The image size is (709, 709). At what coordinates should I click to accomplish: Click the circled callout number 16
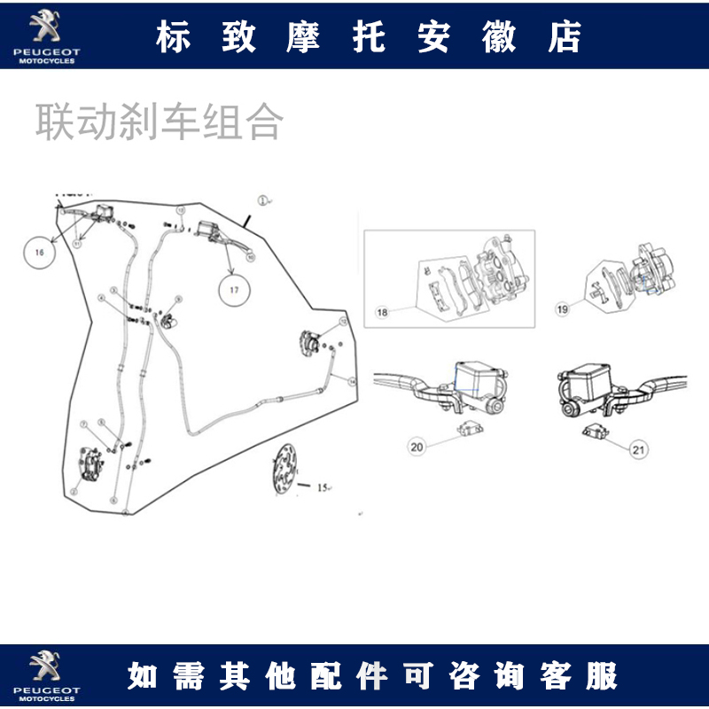pos(39,253)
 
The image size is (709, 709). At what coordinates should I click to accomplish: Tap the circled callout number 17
pos(234,290)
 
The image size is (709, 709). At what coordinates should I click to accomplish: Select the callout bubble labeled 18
pos(382,312)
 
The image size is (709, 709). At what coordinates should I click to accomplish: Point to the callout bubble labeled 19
pos(562,308)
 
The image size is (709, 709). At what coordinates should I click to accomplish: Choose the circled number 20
pos(417,448)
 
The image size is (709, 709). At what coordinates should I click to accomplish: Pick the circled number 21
pos(639,450)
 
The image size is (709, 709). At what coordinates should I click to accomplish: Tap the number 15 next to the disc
pos(322,487)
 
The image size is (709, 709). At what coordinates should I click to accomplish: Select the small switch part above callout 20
pos(467,430)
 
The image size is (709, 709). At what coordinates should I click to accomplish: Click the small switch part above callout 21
pos(593,432)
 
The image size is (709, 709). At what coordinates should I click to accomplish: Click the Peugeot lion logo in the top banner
pos(44,28)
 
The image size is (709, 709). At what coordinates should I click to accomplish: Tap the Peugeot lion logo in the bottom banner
pos(44,666)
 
